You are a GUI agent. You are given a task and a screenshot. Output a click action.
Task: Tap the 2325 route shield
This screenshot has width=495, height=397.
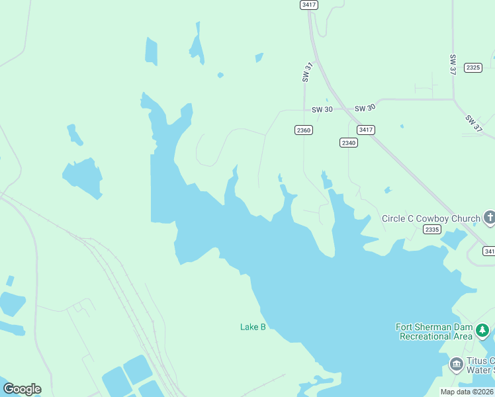[x=472, y=67]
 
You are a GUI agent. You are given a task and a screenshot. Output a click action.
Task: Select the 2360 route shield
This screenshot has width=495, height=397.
[x=303, y=130]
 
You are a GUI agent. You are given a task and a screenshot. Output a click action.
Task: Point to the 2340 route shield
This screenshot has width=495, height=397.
[x=349, y=143]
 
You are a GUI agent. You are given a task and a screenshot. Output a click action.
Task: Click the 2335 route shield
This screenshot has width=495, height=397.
[x=431, y=230]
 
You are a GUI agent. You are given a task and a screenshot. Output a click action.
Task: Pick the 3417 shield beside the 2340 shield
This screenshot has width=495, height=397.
[x=365, y=130]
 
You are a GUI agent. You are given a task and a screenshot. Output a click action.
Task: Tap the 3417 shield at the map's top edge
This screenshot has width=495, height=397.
[x=308, y=5]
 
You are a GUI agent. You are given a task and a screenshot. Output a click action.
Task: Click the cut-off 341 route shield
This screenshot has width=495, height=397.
[x=488, y=251]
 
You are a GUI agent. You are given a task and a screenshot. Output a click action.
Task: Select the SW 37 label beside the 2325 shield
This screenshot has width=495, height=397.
[x=453, y=64]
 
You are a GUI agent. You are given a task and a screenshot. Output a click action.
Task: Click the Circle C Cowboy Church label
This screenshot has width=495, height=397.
[x=431, y=218]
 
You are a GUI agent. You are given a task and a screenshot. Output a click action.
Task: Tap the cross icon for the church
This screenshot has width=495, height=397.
[x=489, y=217]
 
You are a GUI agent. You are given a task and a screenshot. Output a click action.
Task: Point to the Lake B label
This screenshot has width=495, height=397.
[x=252, y=327]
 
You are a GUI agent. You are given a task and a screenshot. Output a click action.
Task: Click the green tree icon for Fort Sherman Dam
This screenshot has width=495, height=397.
[x=483, y=330]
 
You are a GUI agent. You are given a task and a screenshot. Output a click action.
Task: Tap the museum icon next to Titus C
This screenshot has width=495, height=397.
[x=456, y=365]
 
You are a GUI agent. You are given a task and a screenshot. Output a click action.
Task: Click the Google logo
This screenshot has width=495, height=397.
[x=22, y=389]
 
